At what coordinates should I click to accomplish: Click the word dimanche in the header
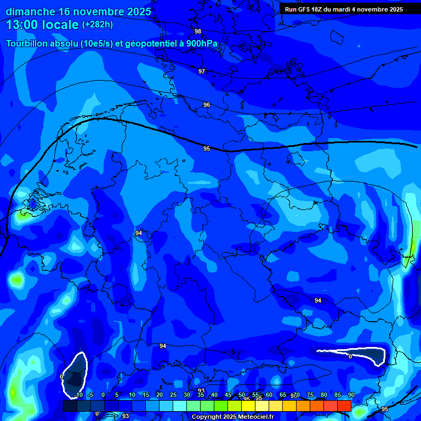(x=30, y=11)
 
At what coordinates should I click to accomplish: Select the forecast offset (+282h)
(x=98, y=25)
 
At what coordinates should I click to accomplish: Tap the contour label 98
(x=198, y=31)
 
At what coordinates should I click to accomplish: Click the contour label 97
(x=202, y=71)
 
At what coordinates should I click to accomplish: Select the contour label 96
(x=207, y=105)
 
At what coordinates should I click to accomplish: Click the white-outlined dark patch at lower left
(x=75, y=374)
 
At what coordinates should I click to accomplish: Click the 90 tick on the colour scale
(x=351, y=395)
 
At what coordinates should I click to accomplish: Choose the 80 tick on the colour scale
(x=323, y=395)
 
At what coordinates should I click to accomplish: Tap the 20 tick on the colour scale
(x=159, y=395)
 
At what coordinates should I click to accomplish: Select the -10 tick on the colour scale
(x=78, y=395)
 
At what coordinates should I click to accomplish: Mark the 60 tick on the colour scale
(x=269, y=395)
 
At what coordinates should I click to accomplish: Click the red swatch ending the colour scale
(x=344, y=406)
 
